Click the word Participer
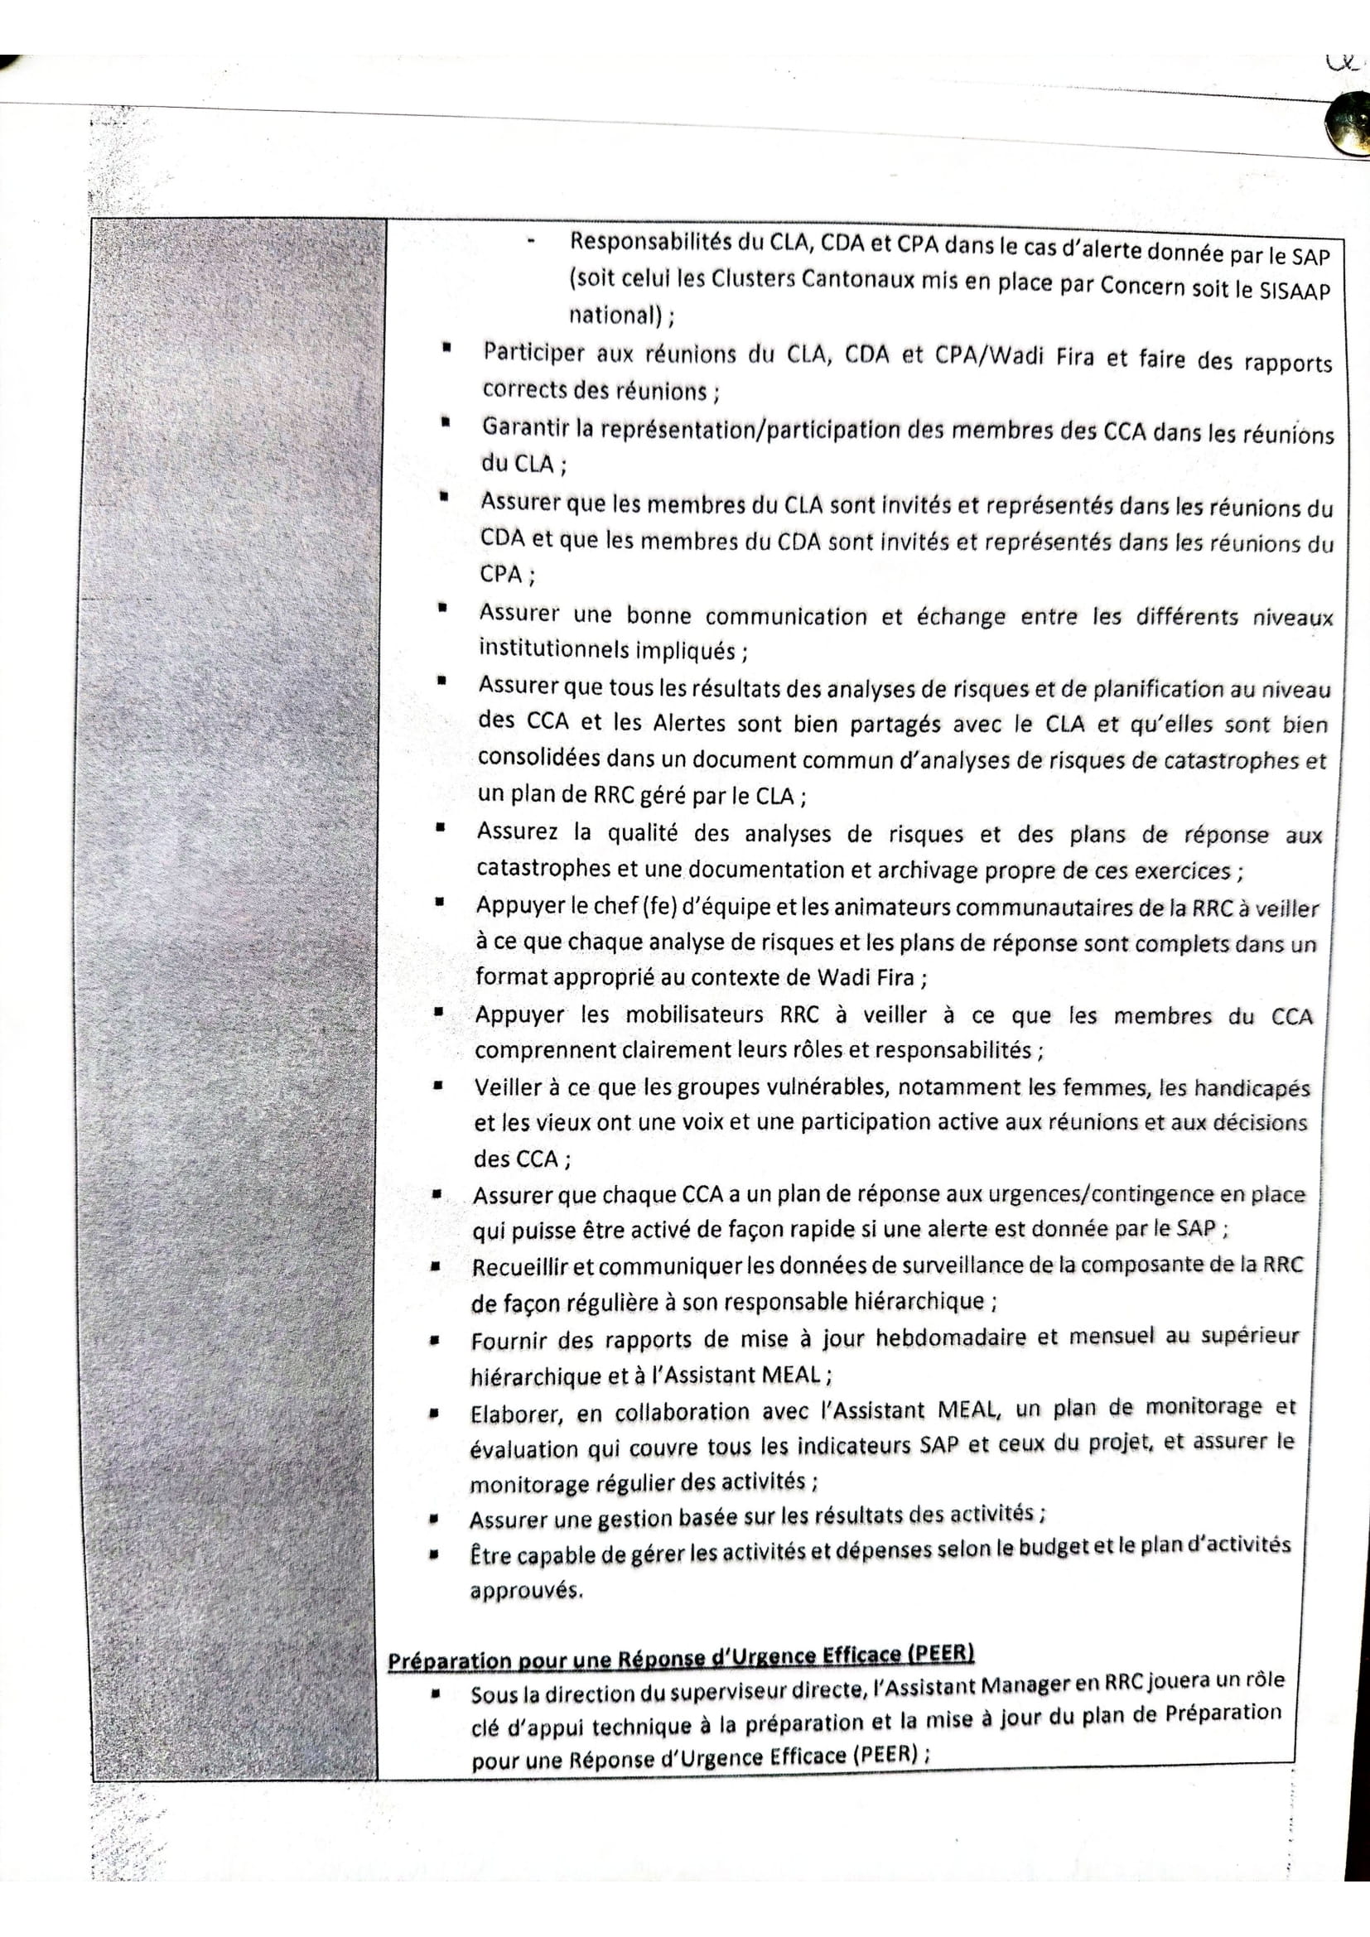click(x=533, y=352)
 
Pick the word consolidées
click(x=540, y=757)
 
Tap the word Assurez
click(x=517, y=831)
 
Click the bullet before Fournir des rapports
click(x=435, y=1340)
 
